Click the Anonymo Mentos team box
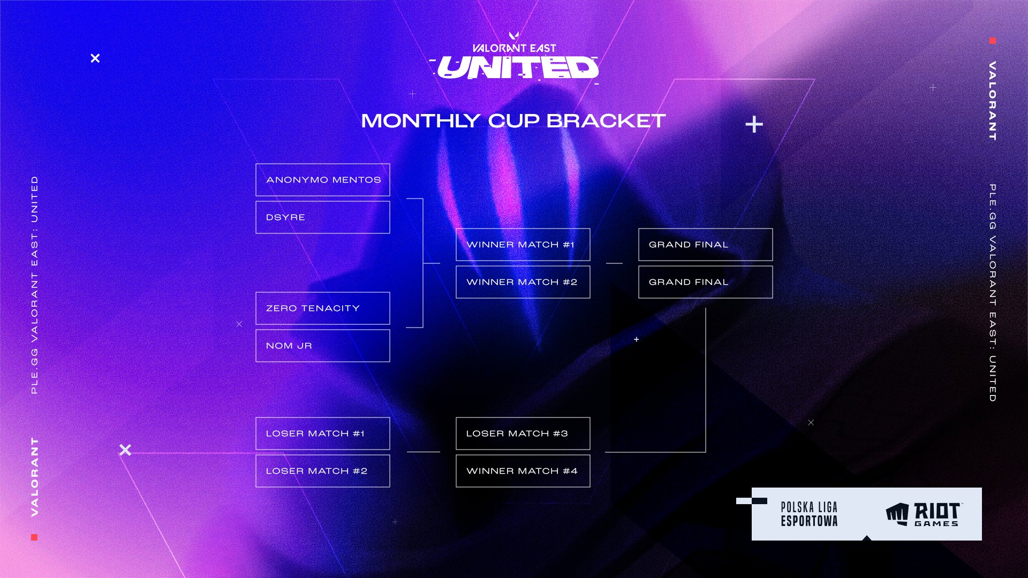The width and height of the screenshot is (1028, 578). coord(322,180)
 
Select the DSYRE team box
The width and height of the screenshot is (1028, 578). coord(322,217)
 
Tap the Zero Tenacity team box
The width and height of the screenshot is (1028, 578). coord(322,308)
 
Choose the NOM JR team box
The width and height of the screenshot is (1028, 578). coord(322,346)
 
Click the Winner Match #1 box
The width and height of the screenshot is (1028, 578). coord(523,245)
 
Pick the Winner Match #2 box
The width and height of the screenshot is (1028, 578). coord(523,282)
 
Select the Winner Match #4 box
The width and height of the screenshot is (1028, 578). coord(523,471)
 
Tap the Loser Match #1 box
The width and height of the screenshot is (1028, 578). coord(322,433)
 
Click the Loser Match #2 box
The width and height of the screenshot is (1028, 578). coord(322,471)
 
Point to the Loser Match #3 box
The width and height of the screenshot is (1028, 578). coord(523,433)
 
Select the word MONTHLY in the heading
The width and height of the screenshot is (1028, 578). coord(420,121)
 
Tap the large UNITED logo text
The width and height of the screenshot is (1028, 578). coord(517,68)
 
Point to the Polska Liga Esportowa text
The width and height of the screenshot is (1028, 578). coord(809,514)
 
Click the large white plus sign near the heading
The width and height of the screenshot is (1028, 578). coord(754,125)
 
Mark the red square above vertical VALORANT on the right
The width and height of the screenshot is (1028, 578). coord(992,41)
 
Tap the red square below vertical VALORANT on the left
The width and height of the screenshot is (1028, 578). coord(34,537)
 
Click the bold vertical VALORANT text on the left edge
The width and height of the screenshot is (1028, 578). coord(35,476)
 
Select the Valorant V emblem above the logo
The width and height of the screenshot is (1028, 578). coord(513,36)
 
